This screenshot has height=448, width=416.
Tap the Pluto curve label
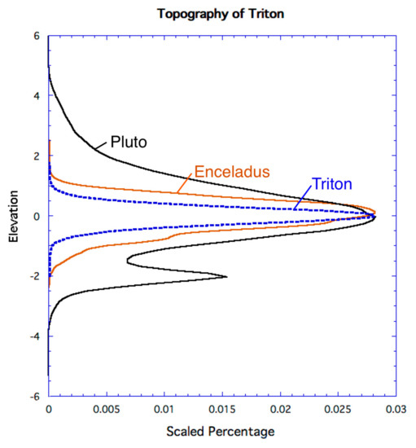128,144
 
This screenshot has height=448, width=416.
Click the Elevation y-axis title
14,216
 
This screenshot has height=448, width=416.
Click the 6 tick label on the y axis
37,36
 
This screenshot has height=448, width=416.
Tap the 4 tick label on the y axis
37,96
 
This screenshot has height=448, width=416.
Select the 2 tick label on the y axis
37,156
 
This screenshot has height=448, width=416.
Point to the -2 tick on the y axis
35,277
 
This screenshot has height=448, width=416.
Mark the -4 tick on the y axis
35,336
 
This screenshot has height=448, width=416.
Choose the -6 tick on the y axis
35,397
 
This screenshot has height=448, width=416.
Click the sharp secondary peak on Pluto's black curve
226,278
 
